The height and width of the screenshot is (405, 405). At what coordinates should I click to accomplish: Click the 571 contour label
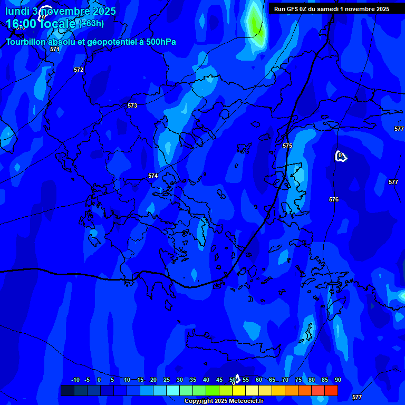click(55, 49)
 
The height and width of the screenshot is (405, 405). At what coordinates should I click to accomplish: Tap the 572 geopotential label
click(79, 70)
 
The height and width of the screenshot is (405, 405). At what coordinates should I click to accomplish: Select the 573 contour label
click(132, 105)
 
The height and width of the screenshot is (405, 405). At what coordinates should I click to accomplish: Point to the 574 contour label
click(153, 176)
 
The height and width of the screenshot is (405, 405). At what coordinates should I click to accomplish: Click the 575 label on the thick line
click(287, 146)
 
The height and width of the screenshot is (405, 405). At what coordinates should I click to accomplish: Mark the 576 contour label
click(334, 199)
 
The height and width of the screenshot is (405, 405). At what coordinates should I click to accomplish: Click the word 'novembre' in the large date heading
click(66, 11)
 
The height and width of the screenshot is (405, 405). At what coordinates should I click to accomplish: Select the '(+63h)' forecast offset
click(91, 24)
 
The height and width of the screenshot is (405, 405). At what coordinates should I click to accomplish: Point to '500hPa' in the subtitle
click(162, 42)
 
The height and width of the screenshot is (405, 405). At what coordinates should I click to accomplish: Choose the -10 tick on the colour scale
click(75, 380)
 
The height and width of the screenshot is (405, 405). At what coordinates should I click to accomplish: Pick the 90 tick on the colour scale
click(337, 380)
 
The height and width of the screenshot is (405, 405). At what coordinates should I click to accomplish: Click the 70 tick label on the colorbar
click(285, 380)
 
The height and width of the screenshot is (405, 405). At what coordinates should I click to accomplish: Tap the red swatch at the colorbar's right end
click(331, 390)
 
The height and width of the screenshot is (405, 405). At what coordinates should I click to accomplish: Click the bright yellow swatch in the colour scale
click(239, 390)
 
